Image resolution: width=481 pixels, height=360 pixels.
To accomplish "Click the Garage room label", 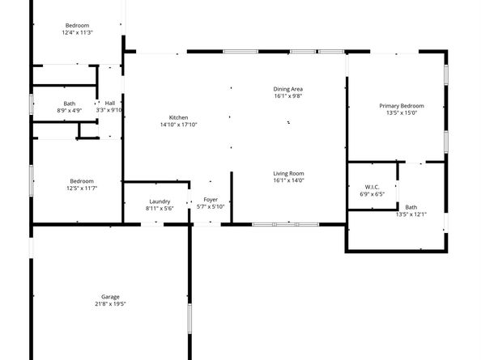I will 110,296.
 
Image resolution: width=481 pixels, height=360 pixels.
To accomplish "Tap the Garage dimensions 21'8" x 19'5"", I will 110,304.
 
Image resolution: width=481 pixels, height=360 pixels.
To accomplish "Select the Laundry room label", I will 160,201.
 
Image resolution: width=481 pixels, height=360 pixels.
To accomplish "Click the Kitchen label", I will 178,116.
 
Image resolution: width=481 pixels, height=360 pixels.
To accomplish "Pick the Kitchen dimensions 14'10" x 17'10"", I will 178,125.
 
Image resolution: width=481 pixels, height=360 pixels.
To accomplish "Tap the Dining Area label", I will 287,88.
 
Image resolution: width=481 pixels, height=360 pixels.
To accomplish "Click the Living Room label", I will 287,173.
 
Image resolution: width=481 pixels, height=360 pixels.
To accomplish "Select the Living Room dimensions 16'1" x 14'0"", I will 287,181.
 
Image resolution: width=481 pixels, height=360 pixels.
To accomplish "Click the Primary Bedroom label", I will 402,106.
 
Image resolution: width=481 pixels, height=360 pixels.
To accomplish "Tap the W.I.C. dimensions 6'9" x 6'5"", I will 372,194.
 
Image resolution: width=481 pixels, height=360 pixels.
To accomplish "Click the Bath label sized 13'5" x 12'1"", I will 411,207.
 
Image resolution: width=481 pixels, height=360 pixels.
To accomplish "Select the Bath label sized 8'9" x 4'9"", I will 70,103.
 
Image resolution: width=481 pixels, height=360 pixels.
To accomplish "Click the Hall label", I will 109,103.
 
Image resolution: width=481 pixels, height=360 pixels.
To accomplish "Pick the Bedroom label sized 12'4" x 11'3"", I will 78,25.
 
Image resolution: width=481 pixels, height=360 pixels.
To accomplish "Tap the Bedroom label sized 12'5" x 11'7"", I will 82,180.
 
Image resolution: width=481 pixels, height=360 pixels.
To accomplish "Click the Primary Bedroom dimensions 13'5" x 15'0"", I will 402,114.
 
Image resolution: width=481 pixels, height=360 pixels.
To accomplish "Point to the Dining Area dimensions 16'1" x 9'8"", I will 287,96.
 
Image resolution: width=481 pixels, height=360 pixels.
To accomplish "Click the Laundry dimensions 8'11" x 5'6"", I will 160,209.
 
